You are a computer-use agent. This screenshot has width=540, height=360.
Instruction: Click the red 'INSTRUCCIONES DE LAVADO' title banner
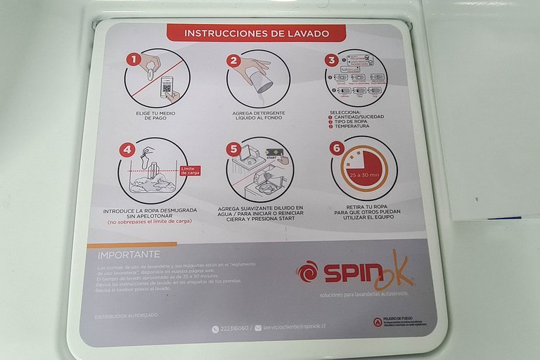pyautogui.click(x=256, y=33)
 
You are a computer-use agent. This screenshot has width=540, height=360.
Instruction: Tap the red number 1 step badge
pyautogui.click(x=132, y=60)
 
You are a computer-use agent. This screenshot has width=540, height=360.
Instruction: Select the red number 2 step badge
pyautogui.click(x=233, y=60)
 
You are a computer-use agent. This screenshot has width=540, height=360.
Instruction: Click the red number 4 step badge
pyautogui.click(x=127, y=148)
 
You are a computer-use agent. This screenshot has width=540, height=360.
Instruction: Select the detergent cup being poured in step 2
pyautogui.click(x=264, y=83)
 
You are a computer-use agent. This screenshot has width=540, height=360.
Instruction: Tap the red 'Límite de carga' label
pyautogui.click(x=190, y=170)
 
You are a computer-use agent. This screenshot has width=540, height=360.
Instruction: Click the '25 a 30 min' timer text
pyautogui.click(x=364, y=174)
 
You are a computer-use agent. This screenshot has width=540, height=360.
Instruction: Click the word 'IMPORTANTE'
pyautogui.click(x=129, y=254)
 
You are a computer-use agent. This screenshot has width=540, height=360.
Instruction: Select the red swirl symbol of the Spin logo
pyautogui.click(x=307, y=271)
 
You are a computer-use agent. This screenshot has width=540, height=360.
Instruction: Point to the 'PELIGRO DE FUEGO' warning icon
pyautogui.click(x=378, y=322)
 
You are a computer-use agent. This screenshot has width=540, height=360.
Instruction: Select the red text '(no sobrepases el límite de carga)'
pyautogui.click(x=149, y=221)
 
